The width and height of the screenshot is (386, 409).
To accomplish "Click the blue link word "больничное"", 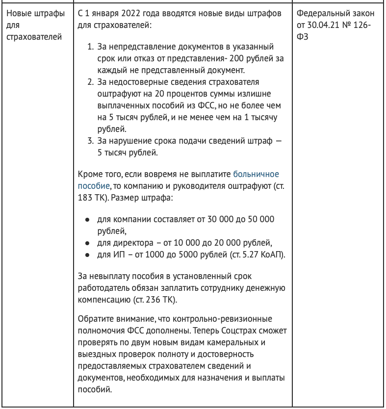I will coord(256,174).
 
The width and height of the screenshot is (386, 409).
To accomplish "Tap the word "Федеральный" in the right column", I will coord(320,14).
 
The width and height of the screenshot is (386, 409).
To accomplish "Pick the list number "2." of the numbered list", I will coord(90,82).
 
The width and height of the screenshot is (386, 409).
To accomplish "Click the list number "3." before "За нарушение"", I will coord(90,141).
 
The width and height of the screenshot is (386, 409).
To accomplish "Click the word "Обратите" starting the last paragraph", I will coord(96,319).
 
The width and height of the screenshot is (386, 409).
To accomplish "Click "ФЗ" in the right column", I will coord(303,37).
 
